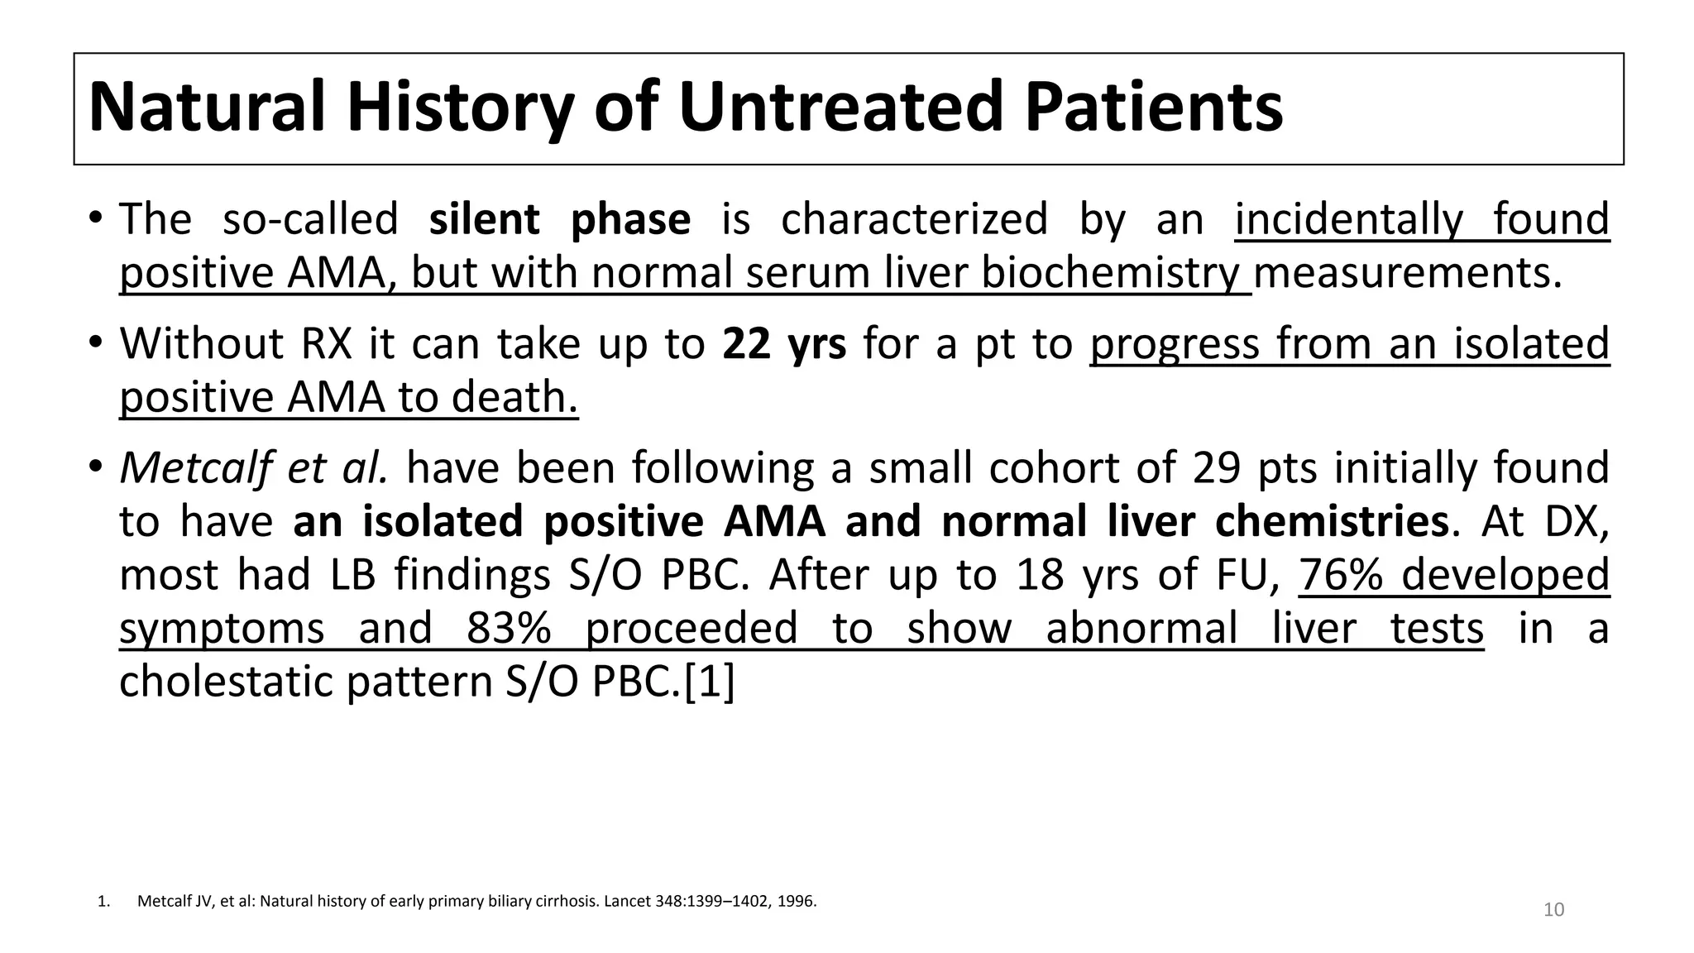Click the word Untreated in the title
point(842,108)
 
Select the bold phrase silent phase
point(559,220)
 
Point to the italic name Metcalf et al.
point(253,468)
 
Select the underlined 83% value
point(509,629)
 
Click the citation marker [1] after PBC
point(710,682)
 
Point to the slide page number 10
point(1553,910)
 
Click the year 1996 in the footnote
point(797,902)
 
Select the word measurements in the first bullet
point(1408,274)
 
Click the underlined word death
point(514,398)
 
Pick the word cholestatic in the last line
point(227,682)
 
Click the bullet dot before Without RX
point(96,342)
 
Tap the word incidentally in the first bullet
point(1348,220)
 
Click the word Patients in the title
point(1153,108)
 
